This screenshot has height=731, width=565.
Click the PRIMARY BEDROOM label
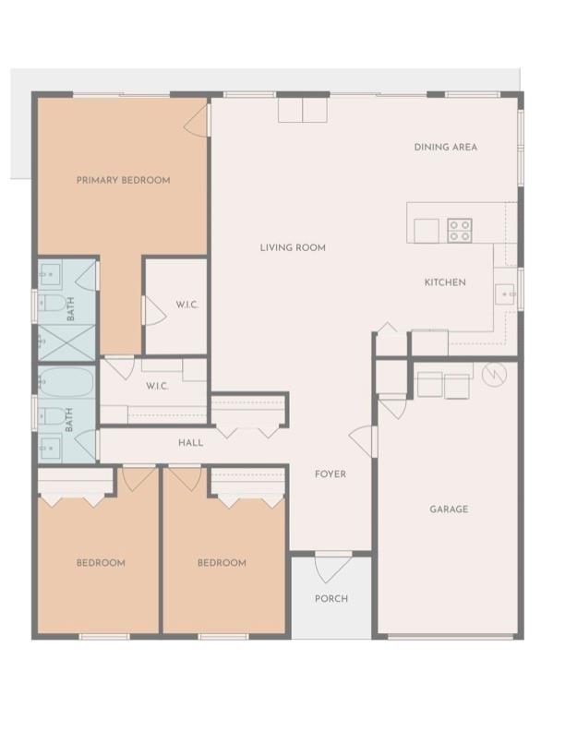(x=123, y=180)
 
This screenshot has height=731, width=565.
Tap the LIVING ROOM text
(x=293, y=247)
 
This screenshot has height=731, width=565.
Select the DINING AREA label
(x=446, y=147)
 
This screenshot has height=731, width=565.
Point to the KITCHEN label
(x=445, y=282)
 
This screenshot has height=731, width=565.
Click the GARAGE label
(x=449, y=509)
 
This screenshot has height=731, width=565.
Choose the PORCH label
(x=331, y=598)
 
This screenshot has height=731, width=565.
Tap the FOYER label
(x=331, y=474)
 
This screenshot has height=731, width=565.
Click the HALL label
(x=191, y=442)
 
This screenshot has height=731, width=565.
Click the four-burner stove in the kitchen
(x=460, y=231)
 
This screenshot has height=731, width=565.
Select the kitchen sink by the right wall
(x=504, y=294)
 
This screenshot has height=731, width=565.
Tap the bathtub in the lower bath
(x=66, y=382)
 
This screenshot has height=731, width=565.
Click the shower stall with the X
(x=66, y=342)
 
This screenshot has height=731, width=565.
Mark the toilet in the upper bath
(x=53, y=304)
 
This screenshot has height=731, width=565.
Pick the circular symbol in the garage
(x=494, y=375)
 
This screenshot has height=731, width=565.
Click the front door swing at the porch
(x=333, y=567)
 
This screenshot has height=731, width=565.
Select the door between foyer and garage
(x=362, y=441)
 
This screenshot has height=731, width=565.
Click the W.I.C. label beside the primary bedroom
(x=187, y=305)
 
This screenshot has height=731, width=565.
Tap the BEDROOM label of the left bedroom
(x=101, y=563)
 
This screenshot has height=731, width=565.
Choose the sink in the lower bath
(x=50, y=447)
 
